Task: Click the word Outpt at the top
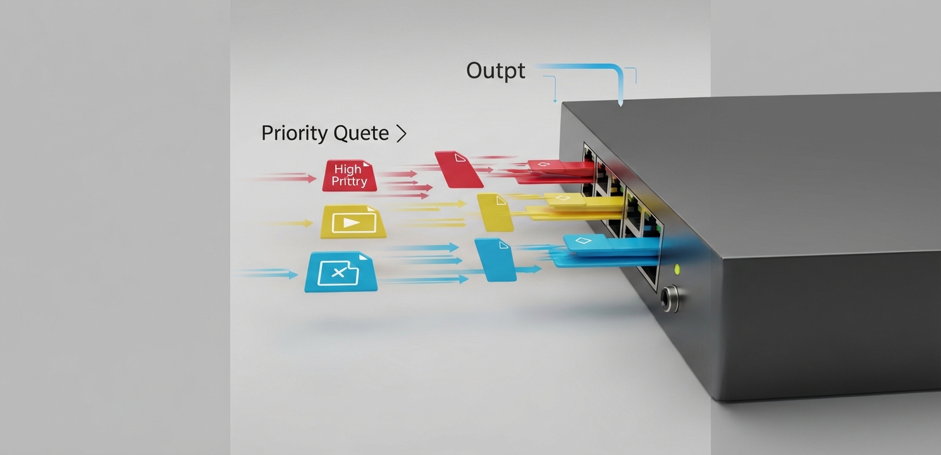pyautogui.click(x=495, y=71)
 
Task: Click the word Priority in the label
pyautogui.click(x=295, y=133)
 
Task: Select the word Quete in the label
pyautogui.click(x=361, y=133)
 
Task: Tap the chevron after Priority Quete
pyautogui.click(x=402, y=133)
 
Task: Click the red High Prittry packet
pyautogui.click(x=349, y=176)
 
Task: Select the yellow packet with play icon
pyautogui.click(x=353, y=222)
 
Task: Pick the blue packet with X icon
pyautogui.click(x=341, y=272)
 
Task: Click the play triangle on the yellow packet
pyautogui.click(x=352, y=223)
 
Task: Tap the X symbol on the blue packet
pyautogui.click(x=338, y=273)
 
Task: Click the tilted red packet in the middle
pyautogui.click(x=458, y=169)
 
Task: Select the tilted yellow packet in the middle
pyautogui.click(x=495, y=212)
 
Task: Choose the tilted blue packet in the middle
pyautogui.click(x=495, y=260)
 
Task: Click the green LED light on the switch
pyautogui.click(x=677, y=269)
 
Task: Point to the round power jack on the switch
pyautogui.click(x=669, y=299)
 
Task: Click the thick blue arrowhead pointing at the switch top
pyautogui.click(x=620, y=102)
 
